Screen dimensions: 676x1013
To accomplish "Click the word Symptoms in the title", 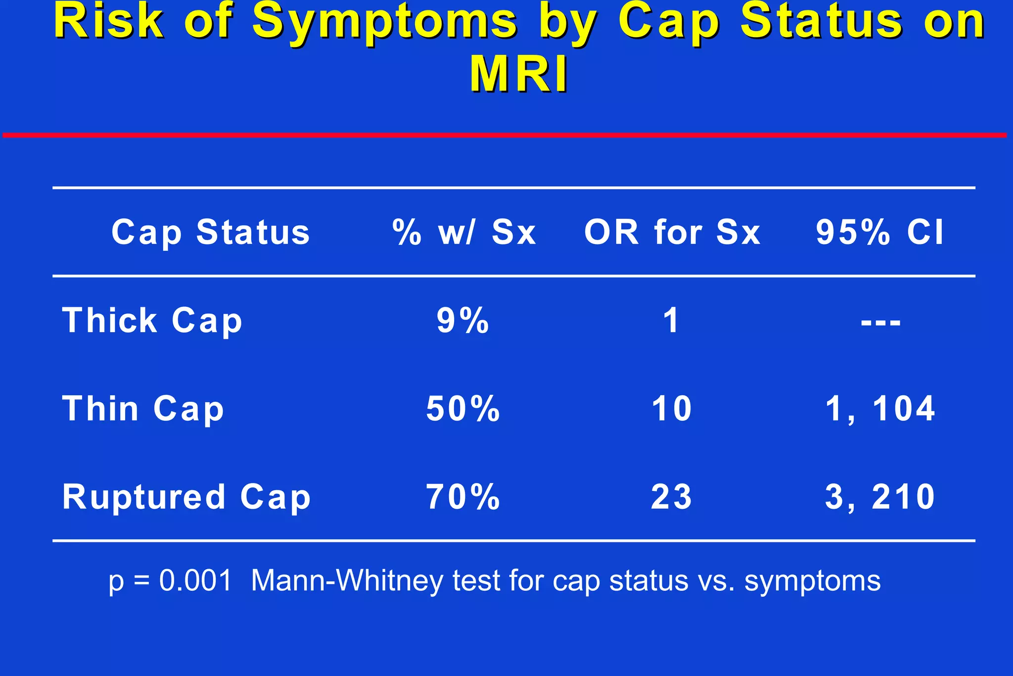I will coord(385,22).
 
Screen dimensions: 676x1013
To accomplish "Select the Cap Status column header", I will coord(211,232).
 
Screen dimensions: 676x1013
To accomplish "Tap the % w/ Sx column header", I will coord(464,232).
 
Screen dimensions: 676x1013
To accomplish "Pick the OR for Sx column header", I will coord(672,232).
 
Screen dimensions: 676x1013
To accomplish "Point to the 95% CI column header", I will coord(880,232).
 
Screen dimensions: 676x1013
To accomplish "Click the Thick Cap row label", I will coord(152,321).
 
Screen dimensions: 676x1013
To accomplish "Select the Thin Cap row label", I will coord(143,409).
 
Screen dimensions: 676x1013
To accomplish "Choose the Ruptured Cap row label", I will coord(186,497).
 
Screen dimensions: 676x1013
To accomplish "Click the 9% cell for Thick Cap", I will coord(463,321).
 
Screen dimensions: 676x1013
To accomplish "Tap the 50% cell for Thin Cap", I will coord(463,409).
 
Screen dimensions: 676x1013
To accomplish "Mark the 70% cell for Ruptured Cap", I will coord(463,497).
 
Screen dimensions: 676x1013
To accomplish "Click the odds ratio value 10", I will coord(672,409).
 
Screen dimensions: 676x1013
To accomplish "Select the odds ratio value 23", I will coord(672,497).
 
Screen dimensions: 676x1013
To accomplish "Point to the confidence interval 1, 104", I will coord(880,409).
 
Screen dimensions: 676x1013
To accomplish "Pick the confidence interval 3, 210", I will coord(880,497).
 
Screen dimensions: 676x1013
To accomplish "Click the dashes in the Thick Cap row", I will coord(880,323).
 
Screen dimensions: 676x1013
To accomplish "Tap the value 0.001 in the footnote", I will coord(195,580).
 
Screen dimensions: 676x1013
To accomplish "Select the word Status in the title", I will coord(821,22).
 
